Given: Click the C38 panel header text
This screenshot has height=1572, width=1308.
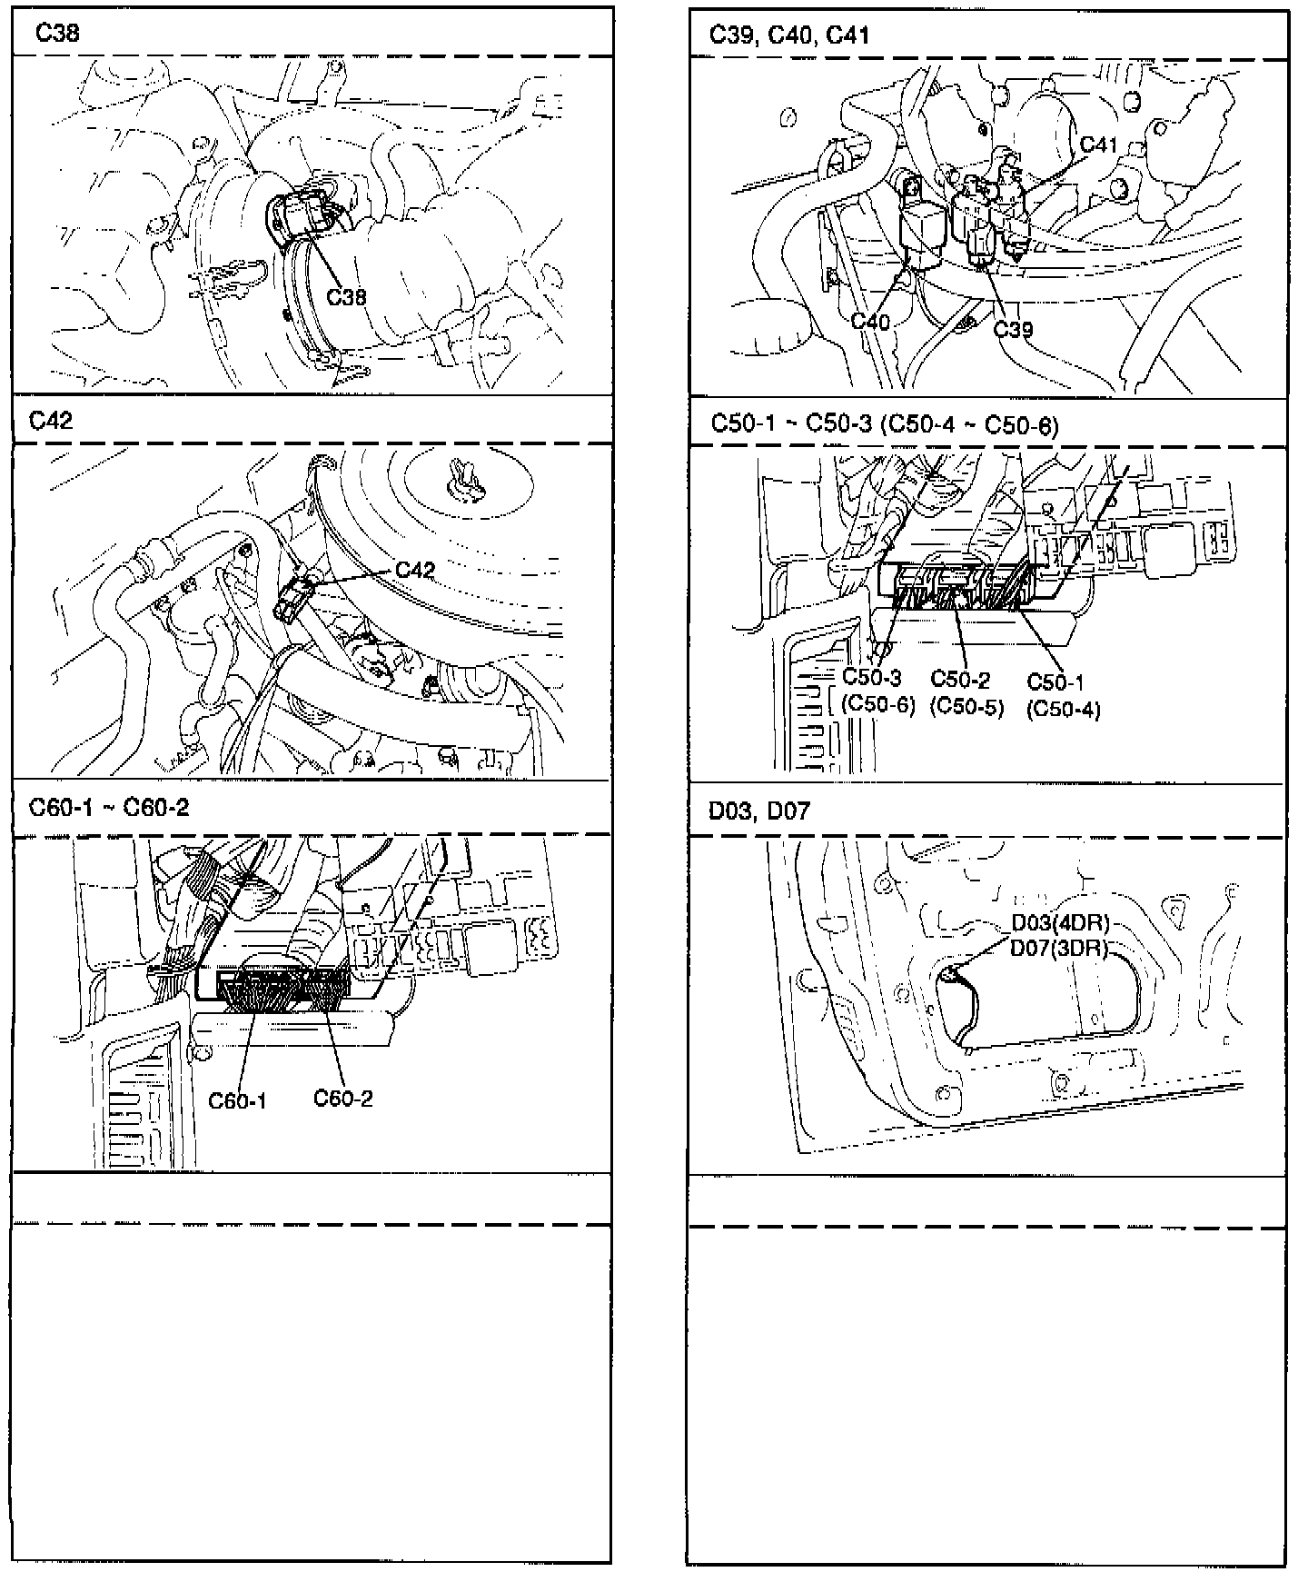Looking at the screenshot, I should point(57,34).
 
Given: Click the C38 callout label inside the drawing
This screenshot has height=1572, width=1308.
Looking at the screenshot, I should point(346,296).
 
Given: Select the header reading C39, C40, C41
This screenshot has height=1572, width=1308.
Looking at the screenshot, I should point(789,35).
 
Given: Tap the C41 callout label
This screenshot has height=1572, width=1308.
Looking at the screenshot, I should point(1098,145).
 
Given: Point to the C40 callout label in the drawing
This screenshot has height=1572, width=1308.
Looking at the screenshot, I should point(870,321).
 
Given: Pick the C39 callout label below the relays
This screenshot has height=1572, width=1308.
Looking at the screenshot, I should point(1013,329).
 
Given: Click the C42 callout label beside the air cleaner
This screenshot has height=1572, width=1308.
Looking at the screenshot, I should point(415,571).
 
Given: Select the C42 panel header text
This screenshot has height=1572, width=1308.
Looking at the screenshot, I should point(51,421).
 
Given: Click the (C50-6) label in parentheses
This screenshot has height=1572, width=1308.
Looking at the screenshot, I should point(878,704).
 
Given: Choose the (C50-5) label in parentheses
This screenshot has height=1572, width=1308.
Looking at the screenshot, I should point(966,706).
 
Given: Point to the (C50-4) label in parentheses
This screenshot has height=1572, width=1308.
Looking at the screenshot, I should point(1063,709).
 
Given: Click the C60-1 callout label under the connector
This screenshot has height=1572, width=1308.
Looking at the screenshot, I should point(237,1100).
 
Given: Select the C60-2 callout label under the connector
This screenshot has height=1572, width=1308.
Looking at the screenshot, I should point(343,1098).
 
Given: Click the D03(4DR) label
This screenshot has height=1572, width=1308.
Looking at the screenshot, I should point(1061,924).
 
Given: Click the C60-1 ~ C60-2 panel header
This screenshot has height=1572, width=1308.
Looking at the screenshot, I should point(109,807).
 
